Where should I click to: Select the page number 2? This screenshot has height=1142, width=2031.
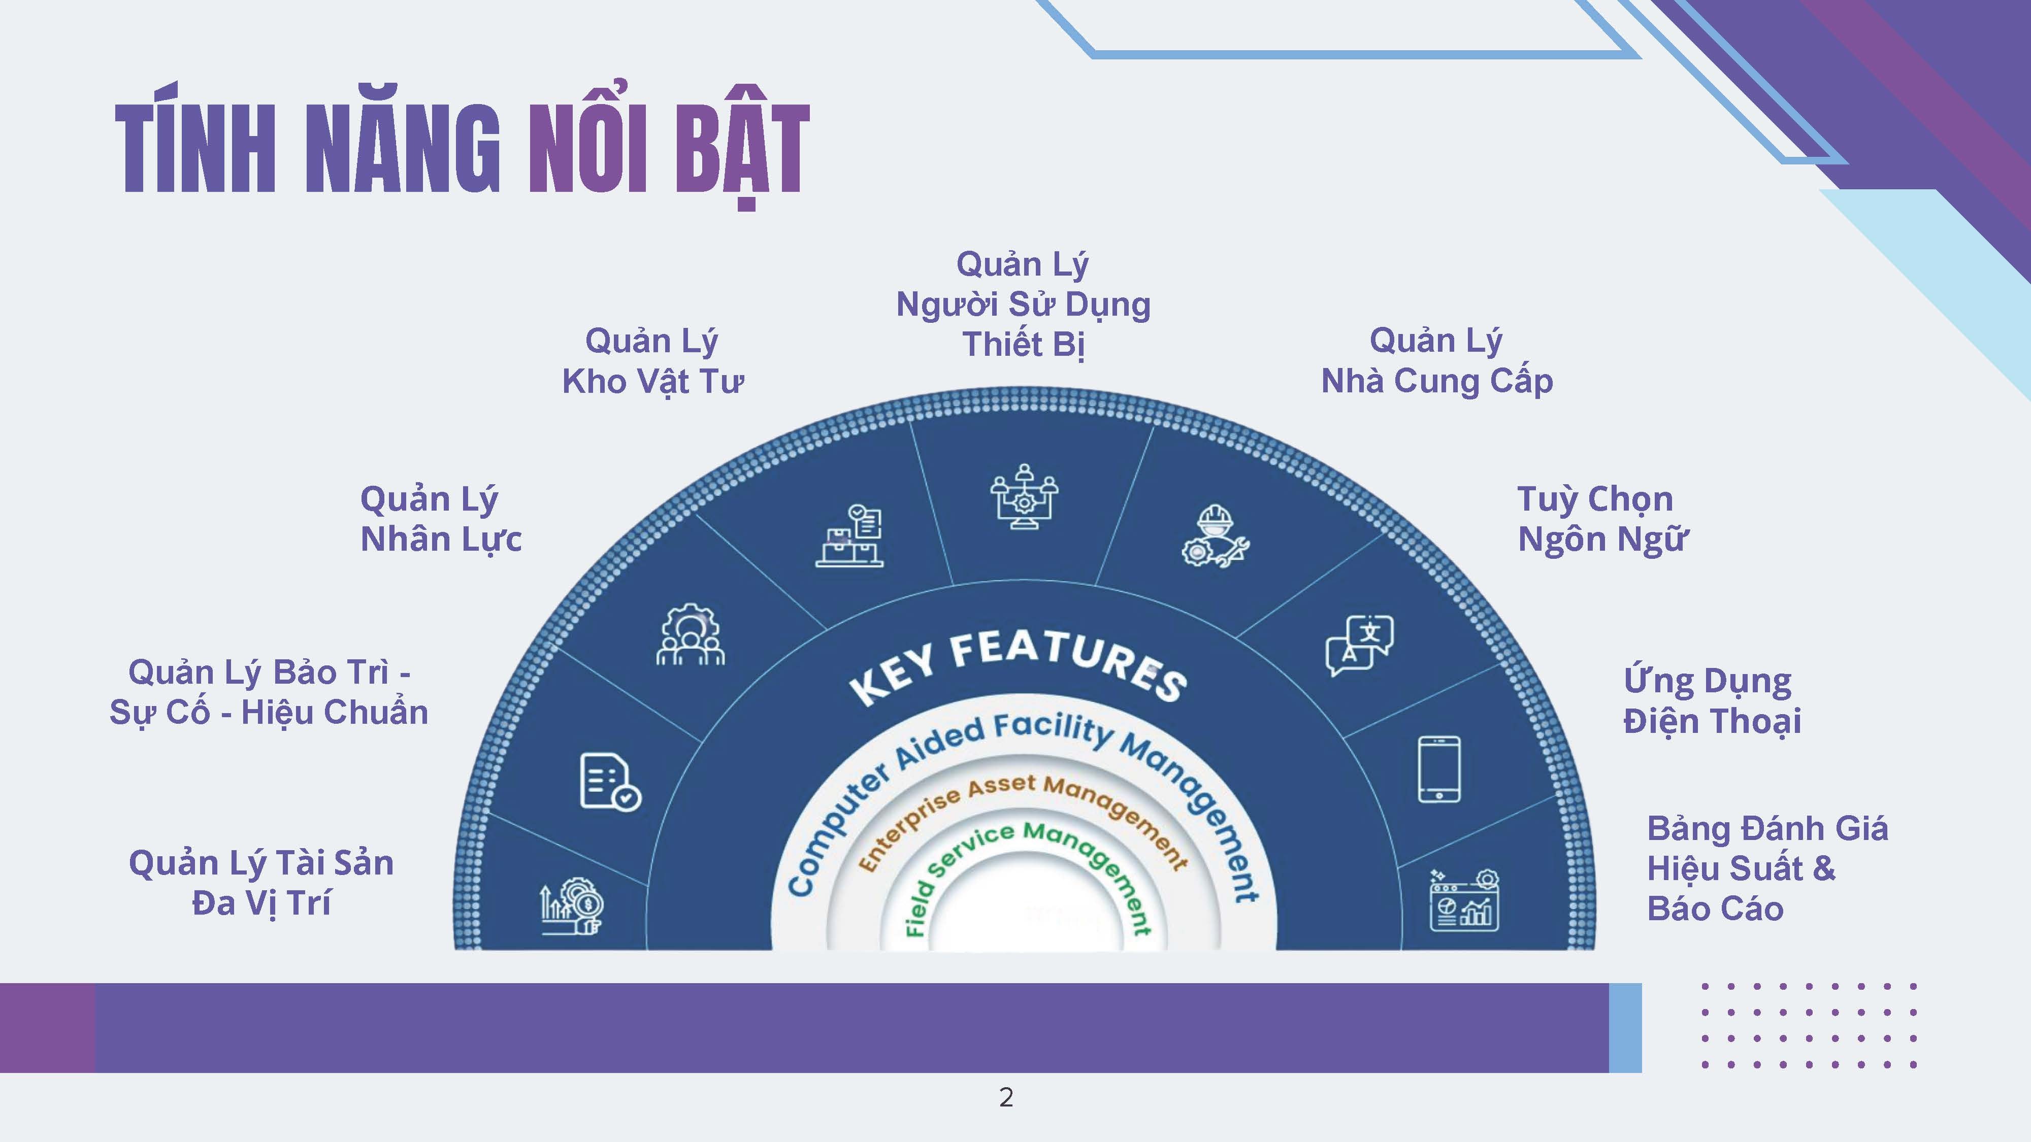coord(1006,1097)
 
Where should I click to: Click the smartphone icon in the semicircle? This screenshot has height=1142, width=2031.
coord(1439,769)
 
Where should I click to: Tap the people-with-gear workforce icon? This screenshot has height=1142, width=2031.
coord(690,635)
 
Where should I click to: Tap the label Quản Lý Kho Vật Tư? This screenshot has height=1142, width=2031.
coord(652,361)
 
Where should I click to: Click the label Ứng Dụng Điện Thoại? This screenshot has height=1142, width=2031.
coord(1711,700)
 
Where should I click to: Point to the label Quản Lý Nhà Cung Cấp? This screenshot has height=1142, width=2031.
coord(1436,361)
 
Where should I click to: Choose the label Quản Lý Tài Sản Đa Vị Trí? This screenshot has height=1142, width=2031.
coord(261,883)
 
